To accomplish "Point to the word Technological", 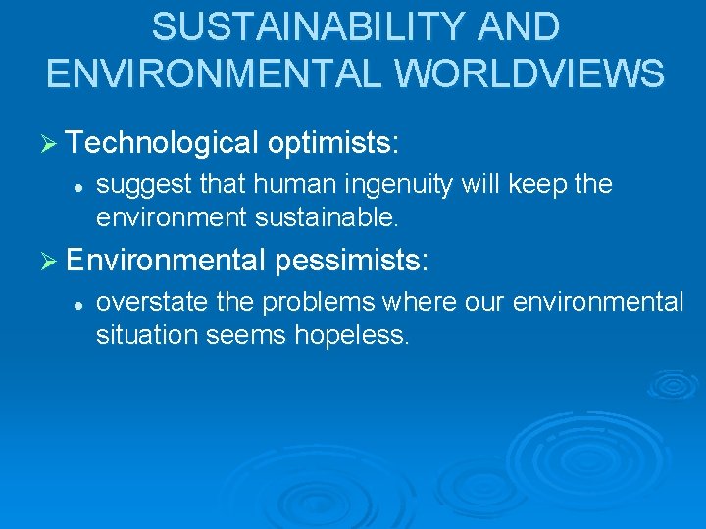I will click(163, 144).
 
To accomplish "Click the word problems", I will click(313, 302).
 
